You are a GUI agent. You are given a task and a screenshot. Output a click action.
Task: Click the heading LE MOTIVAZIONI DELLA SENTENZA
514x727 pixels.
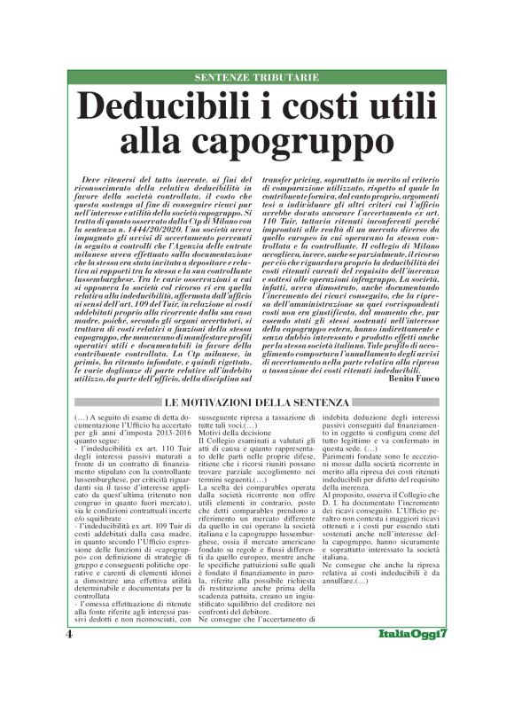(256, 403)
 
